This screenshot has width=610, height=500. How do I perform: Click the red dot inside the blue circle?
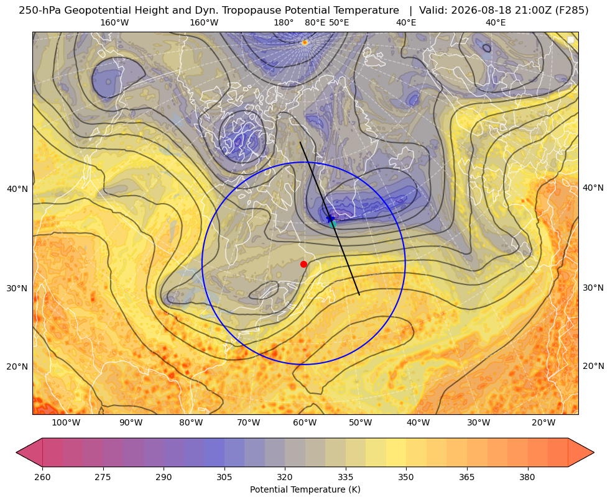(304, 264)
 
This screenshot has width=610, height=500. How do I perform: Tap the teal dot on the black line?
(333, 224)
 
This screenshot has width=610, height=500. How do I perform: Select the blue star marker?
(330, 219)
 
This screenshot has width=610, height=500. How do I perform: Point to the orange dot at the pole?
(305, 42)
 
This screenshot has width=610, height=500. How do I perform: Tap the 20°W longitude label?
(543, 423)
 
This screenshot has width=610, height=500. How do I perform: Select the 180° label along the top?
(284, 23)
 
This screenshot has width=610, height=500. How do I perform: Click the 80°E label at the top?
(315, 23)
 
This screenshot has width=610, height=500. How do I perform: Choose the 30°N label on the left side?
(17, 289)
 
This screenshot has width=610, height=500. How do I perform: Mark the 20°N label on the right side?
(593, 366)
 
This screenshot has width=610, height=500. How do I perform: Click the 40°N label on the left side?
(17, 189)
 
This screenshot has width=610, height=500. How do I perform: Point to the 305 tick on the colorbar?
(224, 477)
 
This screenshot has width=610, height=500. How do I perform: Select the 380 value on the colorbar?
(527, 477)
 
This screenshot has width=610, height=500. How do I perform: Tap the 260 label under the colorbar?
(42, 477)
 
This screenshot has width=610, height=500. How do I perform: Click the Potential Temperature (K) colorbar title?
(305, 489)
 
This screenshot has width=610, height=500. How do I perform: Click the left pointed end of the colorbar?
(16, 453)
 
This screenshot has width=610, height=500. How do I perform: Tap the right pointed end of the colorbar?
(594, 453)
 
